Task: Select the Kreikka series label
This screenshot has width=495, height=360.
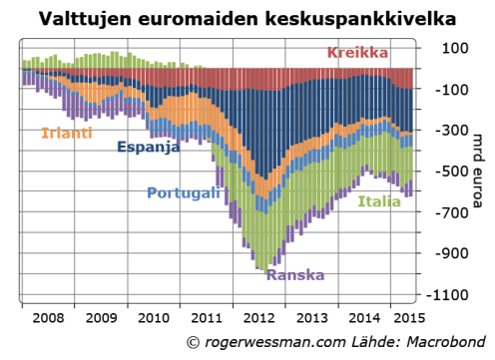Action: coord(359,52)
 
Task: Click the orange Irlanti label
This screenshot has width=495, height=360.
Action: coord(66,132)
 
